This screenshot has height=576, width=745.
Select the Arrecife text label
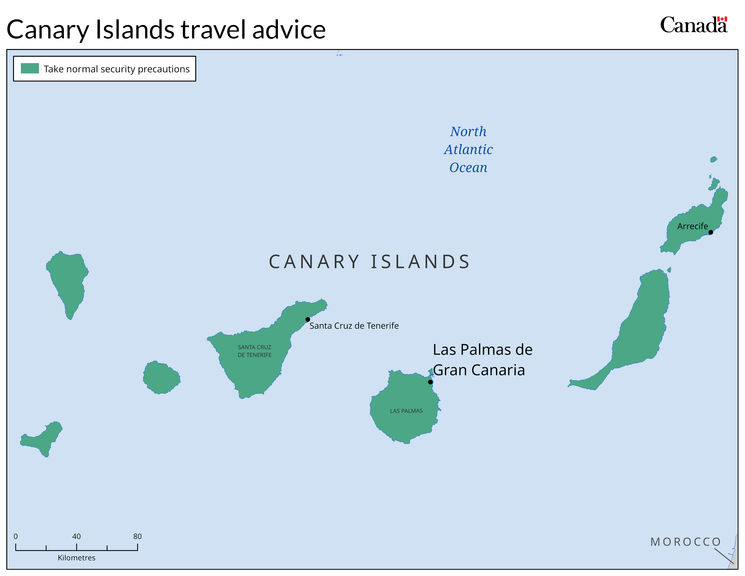click(x=692, y=226)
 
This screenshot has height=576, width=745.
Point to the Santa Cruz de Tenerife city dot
click(x=308, y=319)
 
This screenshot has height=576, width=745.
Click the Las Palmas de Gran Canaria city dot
click(x=430, y=382)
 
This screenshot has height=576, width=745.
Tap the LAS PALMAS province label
click(x=406, y=411)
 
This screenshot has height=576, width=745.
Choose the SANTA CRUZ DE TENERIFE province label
click(x=254, y=351)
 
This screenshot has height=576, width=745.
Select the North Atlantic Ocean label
click(x=468, y=150)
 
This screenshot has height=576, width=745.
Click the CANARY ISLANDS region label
click(x=369, y=262)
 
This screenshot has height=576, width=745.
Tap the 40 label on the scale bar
click(x=76, y=536)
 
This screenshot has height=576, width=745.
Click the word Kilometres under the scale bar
click(x=76, y=557)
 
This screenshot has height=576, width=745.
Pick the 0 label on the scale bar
click(x=16, y=536)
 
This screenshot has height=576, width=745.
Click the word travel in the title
click(x=213, y=30)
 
